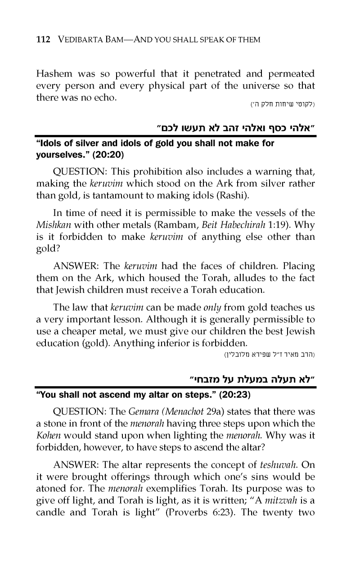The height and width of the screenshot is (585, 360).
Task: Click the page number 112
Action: tap(43, 40)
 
